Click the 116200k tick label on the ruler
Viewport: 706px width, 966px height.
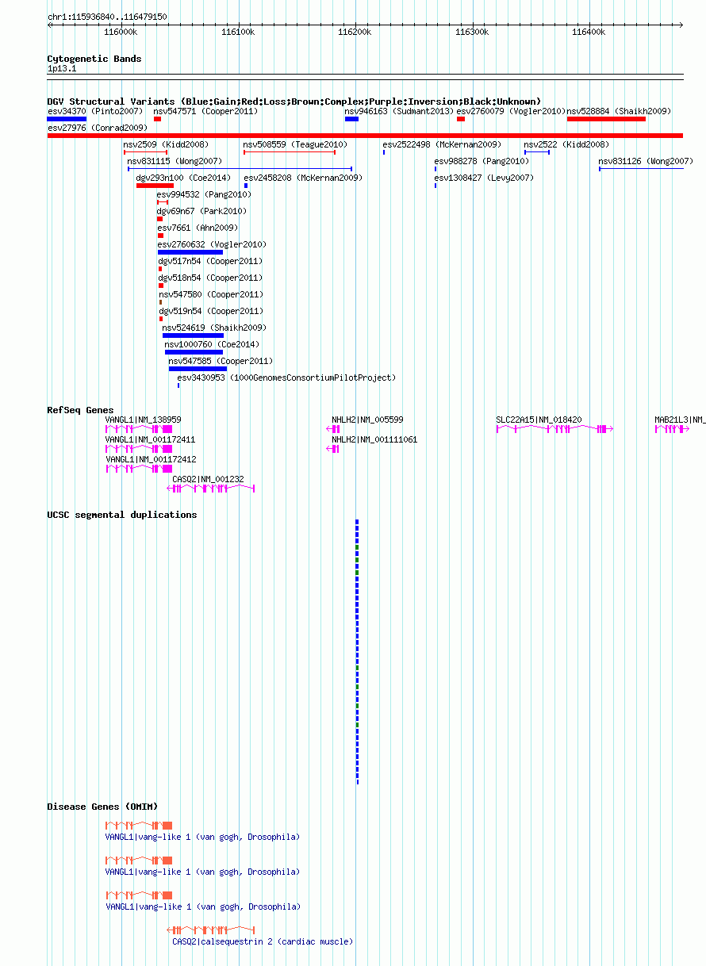(355, 32)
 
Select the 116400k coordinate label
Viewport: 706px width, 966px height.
(589, 32)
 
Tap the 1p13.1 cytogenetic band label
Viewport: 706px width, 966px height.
(62, 68)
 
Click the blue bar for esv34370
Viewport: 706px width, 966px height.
(67, 119)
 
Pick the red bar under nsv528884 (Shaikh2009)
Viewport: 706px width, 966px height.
(606, 119)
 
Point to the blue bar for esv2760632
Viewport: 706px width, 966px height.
(190, 252)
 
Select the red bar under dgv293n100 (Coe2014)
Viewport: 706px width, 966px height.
(155, 186)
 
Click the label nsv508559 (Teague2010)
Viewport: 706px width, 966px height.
(295, 144)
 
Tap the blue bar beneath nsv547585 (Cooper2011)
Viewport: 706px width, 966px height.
(198, 369)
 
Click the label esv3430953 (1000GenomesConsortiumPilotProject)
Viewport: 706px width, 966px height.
(286, 378)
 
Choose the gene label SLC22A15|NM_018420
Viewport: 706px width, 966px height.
(539, 420)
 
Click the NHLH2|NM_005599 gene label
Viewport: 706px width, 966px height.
(367, 420)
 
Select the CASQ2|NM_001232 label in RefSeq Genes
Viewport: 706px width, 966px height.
(208, 479)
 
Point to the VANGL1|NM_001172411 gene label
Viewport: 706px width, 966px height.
(150, 439)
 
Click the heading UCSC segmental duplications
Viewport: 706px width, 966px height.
(122, 515)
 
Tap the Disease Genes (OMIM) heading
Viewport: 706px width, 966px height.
(102, 807)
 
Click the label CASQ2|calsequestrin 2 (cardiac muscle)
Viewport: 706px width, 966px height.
(263, 941)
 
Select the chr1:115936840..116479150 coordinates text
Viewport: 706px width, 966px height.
(107, 17)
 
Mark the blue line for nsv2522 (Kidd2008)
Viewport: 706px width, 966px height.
(537, 152)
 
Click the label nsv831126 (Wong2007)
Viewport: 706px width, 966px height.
(646, 161)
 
